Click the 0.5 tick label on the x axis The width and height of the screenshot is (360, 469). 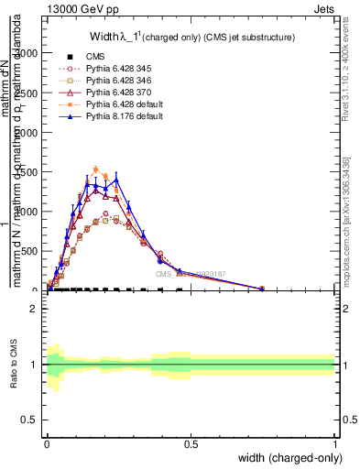191,444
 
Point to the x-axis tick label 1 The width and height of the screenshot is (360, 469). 334,444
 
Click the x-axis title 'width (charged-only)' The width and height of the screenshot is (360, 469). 287,458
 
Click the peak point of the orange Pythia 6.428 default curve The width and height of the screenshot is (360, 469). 96,169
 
